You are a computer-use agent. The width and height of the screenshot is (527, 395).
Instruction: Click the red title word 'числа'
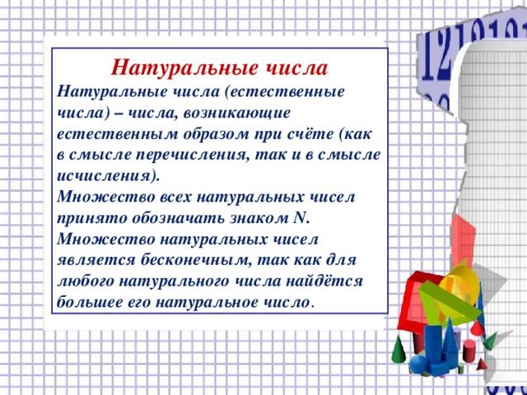(294, 67)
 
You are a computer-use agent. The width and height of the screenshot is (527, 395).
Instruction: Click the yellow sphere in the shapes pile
(455, 290)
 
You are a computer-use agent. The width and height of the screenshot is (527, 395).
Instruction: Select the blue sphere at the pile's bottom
(418, 362)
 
